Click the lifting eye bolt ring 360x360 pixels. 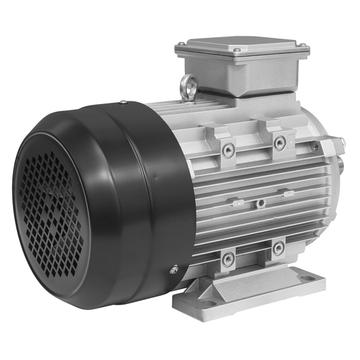187,85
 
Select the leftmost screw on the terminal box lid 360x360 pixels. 180,46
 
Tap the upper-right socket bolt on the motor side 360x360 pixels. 278,142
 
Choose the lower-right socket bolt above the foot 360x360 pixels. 277,248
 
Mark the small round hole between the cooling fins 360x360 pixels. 259,202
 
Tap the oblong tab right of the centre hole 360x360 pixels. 288,194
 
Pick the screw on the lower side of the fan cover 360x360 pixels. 174,269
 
